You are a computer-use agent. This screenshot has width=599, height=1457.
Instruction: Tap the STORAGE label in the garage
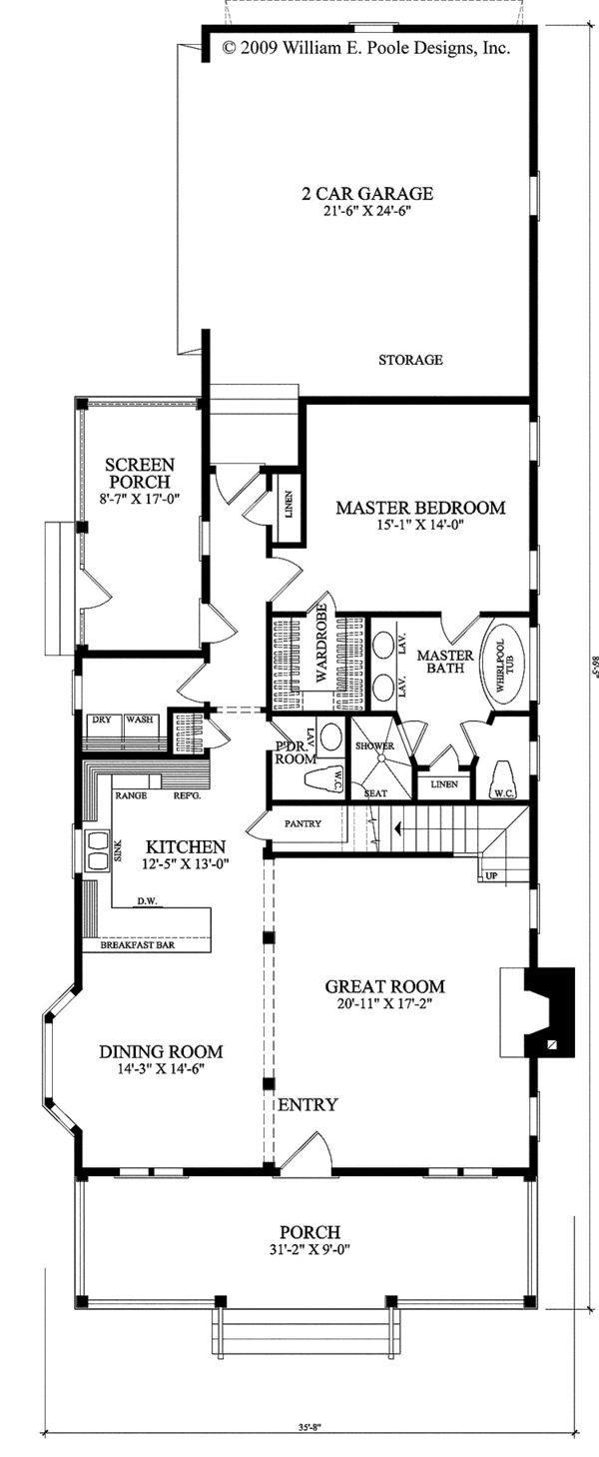coord(410,360)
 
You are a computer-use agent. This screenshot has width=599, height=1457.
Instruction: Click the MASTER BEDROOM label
coord(419,508)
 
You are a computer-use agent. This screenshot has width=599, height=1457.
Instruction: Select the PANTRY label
coord(301,824)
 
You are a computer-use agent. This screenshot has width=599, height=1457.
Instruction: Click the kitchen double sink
coord(97,857)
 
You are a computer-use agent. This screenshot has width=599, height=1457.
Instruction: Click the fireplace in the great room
coord(538,1011)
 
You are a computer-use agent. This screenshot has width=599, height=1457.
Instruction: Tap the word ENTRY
coord(306,1105)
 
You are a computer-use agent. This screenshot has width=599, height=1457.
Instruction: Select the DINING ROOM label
coord(160,1051)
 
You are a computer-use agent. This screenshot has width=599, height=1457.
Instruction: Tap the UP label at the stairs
coord(490,876)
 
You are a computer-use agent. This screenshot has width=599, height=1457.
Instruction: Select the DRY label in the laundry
coord(100,720)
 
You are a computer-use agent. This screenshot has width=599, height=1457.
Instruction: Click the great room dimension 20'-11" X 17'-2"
coord(384,1003)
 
